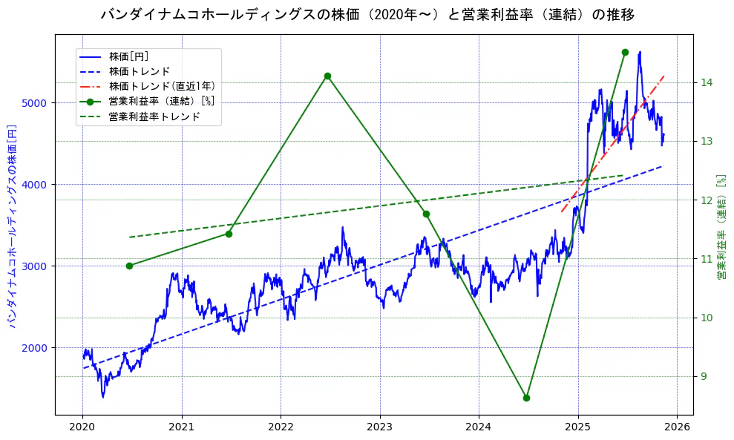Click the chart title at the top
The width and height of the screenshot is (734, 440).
point(367,14)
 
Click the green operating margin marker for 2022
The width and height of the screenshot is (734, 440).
point(327,76)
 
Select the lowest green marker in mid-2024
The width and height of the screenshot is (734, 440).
point(526,398)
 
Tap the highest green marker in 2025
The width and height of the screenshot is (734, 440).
point(625,52)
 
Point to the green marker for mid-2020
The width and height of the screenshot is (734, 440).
point(129,266)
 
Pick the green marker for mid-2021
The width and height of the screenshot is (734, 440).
point(229,234)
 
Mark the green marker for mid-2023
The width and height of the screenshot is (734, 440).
point(426,214)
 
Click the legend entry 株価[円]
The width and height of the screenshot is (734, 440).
point(129,56)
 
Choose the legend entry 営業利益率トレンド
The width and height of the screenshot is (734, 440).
point(154,116)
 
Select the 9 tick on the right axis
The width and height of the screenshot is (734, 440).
point(703,376)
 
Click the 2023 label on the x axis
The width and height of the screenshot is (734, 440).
point(379,427)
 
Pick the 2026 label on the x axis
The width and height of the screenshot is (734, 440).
point(677,427)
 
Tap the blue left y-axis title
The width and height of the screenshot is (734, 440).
point(12,226)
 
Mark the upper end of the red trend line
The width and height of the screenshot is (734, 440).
point(663,76)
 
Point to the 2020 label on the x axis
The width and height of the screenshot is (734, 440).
point(82,427)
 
